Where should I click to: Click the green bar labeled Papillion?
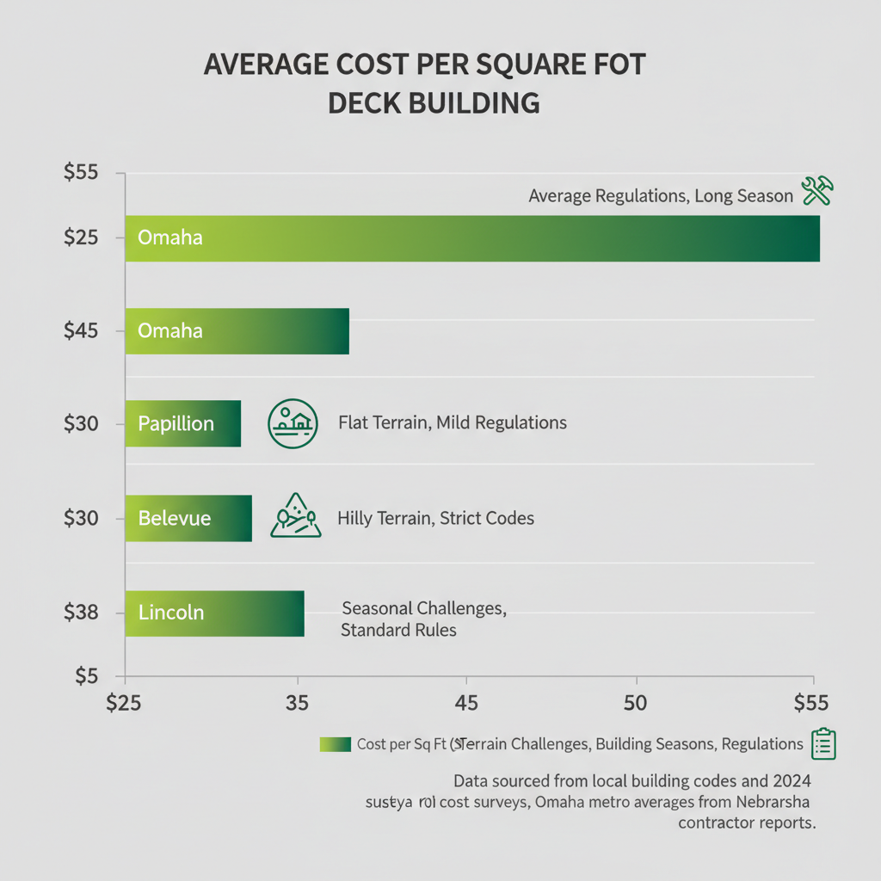click(x=182, y=423)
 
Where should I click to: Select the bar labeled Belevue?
click(x=188, y=518)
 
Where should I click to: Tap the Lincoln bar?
click(x=214, y=613)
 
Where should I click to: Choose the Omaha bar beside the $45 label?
click(x=237, y=330)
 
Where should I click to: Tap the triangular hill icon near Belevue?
click(x=295, y=516)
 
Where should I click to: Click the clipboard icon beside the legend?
click(x=823, y=744)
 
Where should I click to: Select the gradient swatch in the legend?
click(x=335, y=744)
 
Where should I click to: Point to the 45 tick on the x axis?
click(x=465, y=703)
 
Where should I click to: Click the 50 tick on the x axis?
click(x=636, y=703)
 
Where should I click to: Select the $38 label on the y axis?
click(x=83, y=613)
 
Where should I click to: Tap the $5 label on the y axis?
click(x=87, y=676)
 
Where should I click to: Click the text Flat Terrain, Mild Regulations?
click(x=453, y=423)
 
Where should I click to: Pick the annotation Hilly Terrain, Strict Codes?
click(x=435, y=518)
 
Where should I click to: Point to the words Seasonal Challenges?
click(x=423, y=608)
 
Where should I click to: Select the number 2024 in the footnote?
click(x=790, y=781)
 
